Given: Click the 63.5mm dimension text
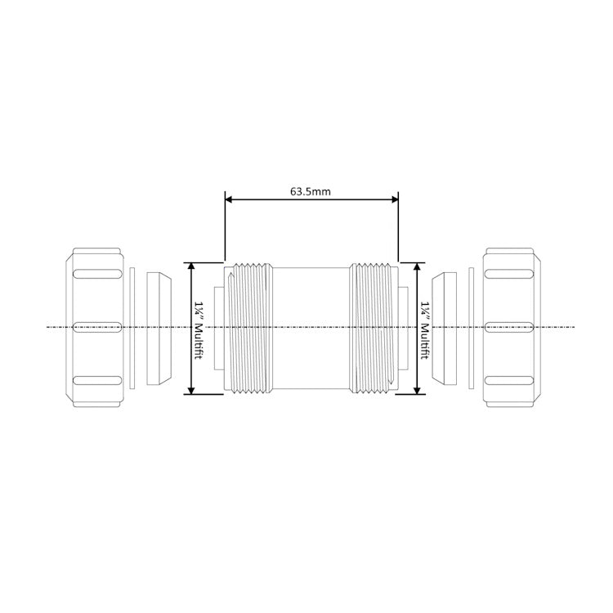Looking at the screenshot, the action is click(x=310, y=191).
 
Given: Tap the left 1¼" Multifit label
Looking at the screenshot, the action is click(x=199, y=330).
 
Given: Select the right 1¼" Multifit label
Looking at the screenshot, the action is click(x=424, y=330).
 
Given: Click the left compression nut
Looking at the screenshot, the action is click(x=95, y=327).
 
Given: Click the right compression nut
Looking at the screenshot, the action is click(x=512, y=327).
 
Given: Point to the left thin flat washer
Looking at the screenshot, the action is click(x=132, y=328).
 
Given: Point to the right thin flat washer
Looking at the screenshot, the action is click(x=471, y=328).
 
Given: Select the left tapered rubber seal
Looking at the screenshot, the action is click(x=159, y=328).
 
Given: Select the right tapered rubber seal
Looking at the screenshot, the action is click(x=444, y=328).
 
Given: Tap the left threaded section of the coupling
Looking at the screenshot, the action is click(x=251, y=328).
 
